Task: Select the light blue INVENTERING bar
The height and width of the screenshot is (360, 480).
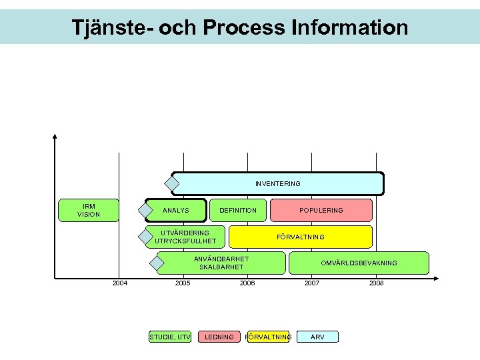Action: coord(277,183)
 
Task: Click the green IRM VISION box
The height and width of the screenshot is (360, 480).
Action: coord(89,210)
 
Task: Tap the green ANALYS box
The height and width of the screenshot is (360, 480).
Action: coord(176,210)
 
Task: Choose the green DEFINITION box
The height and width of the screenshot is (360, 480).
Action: coord(238,210)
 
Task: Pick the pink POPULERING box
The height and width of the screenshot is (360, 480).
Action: coord(321,210)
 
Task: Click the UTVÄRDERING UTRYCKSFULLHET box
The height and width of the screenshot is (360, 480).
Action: coord(185,237)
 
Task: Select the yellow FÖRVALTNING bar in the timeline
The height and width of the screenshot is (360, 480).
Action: coord(301,237)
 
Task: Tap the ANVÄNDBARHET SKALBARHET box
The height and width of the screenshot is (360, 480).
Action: coord(221,263)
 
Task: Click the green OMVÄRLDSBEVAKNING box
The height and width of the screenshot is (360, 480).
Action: coord(359,263)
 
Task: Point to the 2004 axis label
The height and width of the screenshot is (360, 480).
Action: coord(120,283)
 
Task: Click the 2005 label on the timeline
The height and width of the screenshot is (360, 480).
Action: coord(183,283)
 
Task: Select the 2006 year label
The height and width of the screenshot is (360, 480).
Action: coord(247,283)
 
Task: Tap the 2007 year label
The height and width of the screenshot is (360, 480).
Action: coord(311,283)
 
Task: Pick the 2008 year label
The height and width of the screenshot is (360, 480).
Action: coord(376,283)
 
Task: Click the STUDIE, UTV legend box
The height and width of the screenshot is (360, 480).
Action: coord(170,337)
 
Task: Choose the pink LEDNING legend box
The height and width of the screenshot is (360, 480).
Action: coord(219,337)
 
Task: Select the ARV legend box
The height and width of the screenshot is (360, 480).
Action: coord(318,337)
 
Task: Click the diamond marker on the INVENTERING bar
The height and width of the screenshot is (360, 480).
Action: coord(173,183)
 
